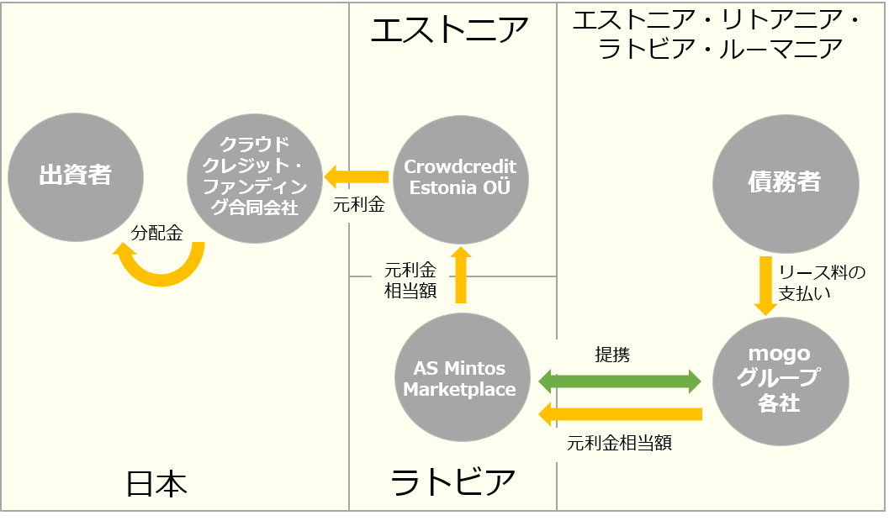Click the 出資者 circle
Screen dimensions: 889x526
tap(76, 177)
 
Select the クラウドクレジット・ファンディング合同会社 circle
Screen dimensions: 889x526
tap(255, 178)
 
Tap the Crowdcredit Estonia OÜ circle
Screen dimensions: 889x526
tap(460, 180)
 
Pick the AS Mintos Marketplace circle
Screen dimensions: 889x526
tap(462, 377)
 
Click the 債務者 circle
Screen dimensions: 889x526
tap(786, 183)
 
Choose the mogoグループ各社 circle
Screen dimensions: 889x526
tap(781, 381)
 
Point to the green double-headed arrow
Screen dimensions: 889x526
tap(620, 381)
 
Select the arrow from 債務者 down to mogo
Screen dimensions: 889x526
tap(765, 286)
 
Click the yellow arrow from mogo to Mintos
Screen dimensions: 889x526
tap(620, 414)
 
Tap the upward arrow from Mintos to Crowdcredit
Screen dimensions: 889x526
tap(460, 275)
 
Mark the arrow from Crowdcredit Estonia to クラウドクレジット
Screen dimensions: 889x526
tap(356, 177)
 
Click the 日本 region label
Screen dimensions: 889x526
tap(156, 484)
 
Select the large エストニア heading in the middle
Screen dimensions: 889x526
tap(450, 30)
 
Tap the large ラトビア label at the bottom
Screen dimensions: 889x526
tap(452, 482)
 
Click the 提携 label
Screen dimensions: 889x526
tap(612, 355)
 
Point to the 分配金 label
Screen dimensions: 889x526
tap(157, 232)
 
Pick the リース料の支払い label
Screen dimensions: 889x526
tap(822, 282)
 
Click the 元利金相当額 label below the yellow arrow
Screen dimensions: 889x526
tap(620, 443)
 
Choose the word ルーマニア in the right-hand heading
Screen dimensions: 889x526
tap(781, 49)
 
